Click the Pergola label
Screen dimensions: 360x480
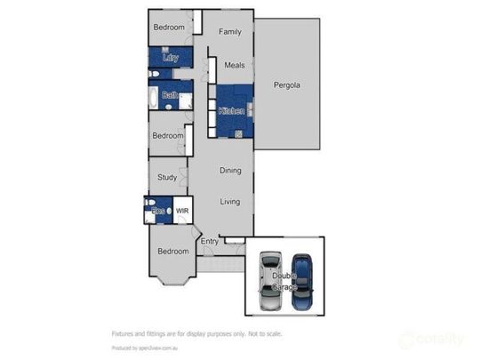[x=286, y=86]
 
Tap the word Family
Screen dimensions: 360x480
[x=230, y=32]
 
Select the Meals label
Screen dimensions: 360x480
[x=234, y=65]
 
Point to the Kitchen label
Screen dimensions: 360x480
[x=231, y=111]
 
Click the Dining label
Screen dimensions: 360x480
[x=230, y=170]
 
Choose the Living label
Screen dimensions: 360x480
[x=230, y=202]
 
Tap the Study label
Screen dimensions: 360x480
[x=167, y=177]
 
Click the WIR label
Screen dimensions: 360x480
[x=182, y=211]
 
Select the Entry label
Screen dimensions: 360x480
[x=210, y=241]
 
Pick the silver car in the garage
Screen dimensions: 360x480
[x=270, y=281]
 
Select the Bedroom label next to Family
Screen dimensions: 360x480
[x=169, y=28]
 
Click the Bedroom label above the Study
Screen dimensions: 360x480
[x=167, y=135]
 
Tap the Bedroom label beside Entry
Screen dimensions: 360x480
[x=173, y=251]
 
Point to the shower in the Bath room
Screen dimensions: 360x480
[x=186, y=100]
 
